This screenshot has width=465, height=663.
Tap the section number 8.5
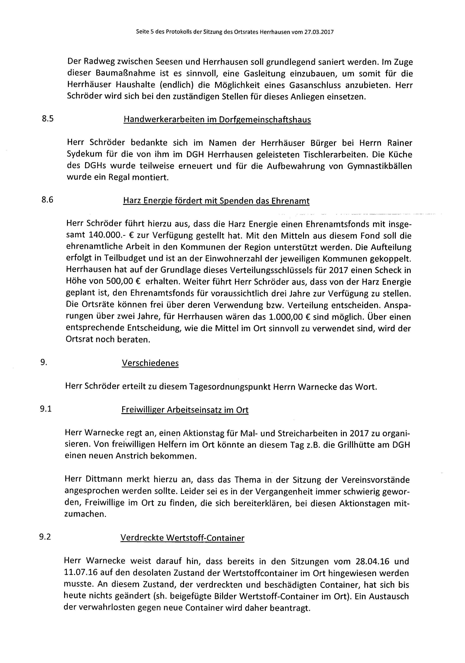click(48, 119)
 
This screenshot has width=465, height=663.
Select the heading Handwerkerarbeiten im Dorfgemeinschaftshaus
click(217, 119)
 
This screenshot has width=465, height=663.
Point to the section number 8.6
click(48, 200)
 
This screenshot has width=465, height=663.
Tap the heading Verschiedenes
click(150, 363)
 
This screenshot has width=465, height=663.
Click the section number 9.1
click(46, 409)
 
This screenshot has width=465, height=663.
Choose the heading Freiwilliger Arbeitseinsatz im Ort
click(185, 410)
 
